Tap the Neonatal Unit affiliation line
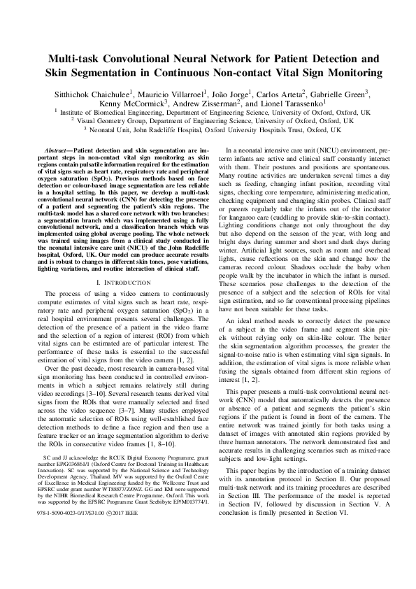pyautogui.click(x=208, y=129)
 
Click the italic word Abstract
pyautogui.click(x=57, y=151)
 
